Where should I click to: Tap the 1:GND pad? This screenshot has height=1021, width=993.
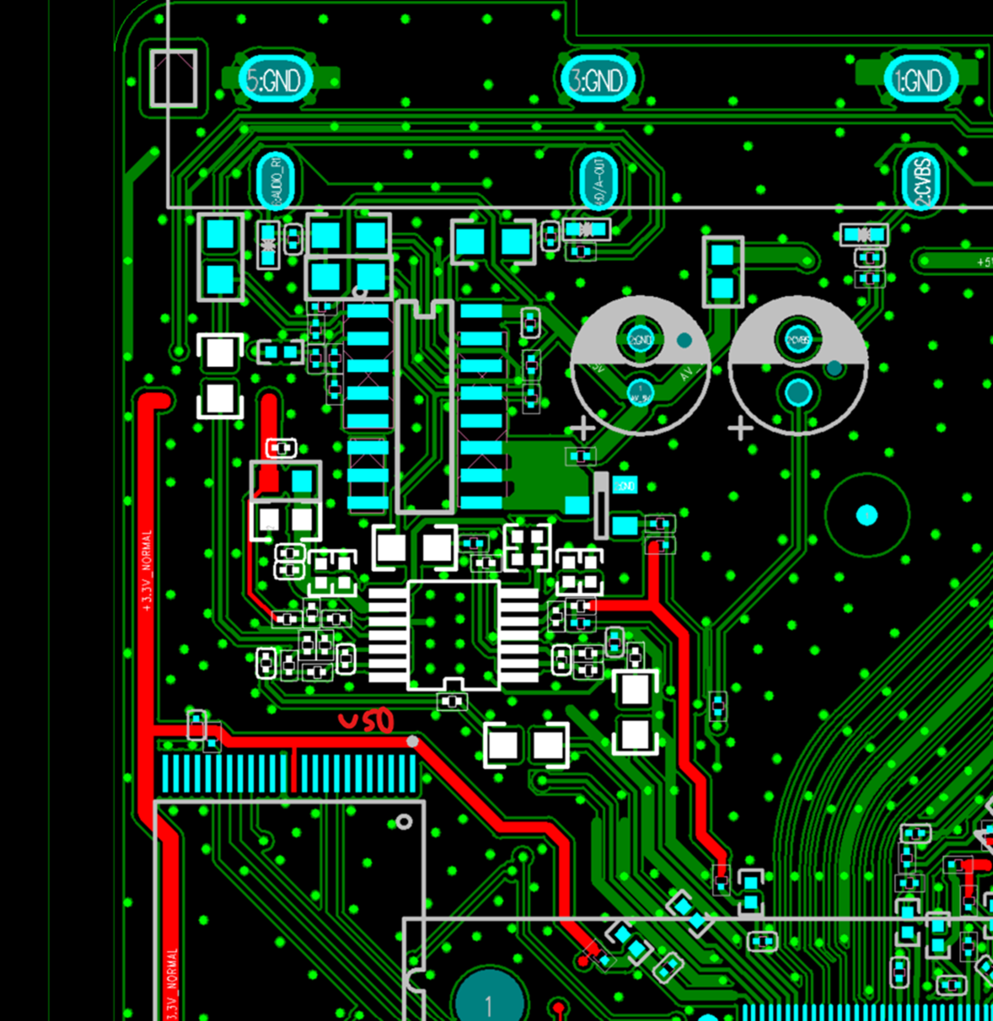[920, 80]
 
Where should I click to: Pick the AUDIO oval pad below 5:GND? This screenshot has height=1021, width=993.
[277, 180]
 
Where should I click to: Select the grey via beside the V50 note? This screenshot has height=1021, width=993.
[412, 741]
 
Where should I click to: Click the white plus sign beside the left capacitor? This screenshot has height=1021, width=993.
[582, 429]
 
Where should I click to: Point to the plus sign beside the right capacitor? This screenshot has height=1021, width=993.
[740, 429]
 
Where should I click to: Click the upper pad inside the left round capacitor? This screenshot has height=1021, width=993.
[640, 339]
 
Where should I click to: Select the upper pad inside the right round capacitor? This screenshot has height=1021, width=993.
[797, 339]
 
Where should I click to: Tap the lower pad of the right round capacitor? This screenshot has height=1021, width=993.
[797, 391]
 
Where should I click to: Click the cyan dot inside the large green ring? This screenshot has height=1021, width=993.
[866, 515]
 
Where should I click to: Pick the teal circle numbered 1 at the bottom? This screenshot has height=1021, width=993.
[488, 1000]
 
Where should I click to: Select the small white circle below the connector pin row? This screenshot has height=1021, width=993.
[405, 822]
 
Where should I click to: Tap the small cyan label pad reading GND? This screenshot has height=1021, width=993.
[626, 485]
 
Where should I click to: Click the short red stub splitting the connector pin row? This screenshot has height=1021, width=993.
[293, 769]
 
